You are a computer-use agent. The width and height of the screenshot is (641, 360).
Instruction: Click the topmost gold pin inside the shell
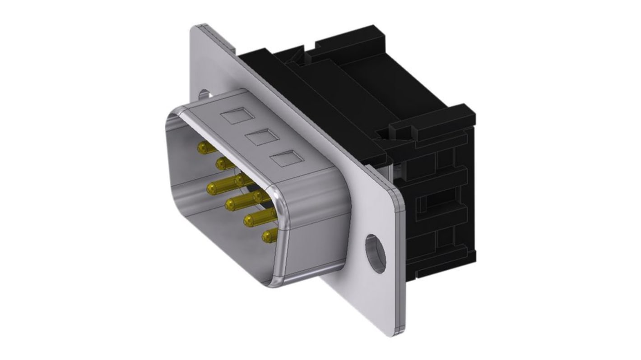202,147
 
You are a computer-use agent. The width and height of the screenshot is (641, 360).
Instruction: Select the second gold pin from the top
221,163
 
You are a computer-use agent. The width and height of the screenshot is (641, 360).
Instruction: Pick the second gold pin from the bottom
250,219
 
